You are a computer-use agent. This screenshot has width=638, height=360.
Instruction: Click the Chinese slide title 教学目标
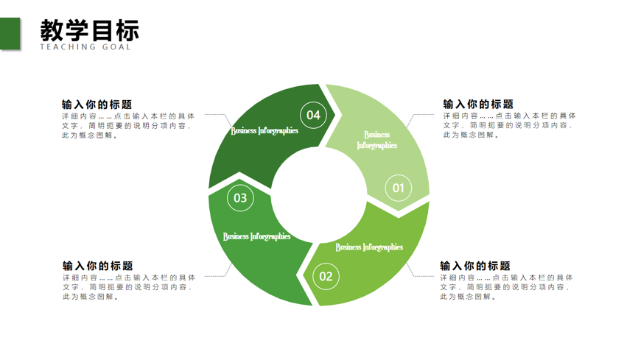point(90,30)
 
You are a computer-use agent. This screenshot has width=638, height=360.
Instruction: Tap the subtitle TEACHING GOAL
point(85,47)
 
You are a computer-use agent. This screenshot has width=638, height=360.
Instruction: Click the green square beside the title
point(10,34)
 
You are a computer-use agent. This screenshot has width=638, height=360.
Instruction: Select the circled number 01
point(399,188)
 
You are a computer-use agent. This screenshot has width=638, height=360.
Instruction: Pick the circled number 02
point(326,277)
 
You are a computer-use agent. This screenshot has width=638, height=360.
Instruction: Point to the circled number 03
point(240,198)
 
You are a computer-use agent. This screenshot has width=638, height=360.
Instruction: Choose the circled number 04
point(313,115)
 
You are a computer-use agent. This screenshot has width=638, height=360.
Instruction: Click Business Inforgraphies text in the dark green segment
point(264,130)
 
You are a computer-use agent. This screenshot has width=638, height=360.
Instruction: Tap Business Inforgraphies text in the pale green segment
point(376,140)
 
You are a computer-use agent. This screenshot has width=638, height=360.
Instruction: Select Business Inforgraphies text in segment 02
point(369,247)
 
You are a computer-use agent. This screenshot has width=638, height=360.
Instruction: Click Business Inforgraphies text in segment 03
point(256,236)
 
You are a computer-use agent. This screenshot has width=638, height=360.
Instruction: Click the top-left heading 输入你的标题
point(97,105)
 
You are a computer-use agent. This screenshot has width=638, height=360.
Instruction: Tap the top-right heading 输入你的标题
point(478,104)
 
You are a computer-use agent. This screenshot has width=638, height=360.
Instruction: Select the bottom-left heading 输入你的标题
point(98,266)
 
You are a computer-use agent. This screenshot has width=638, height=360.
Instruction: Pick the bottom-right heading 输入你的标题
point(475,266)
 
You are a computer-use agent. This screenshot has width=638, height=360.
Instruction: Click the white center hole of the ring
point(319,195)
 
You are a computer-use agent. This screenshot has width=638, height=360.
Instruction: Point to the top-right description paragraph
point(509,125)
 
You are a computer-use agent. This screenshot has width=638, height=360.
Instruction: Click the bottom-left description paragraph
point(129,287)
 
